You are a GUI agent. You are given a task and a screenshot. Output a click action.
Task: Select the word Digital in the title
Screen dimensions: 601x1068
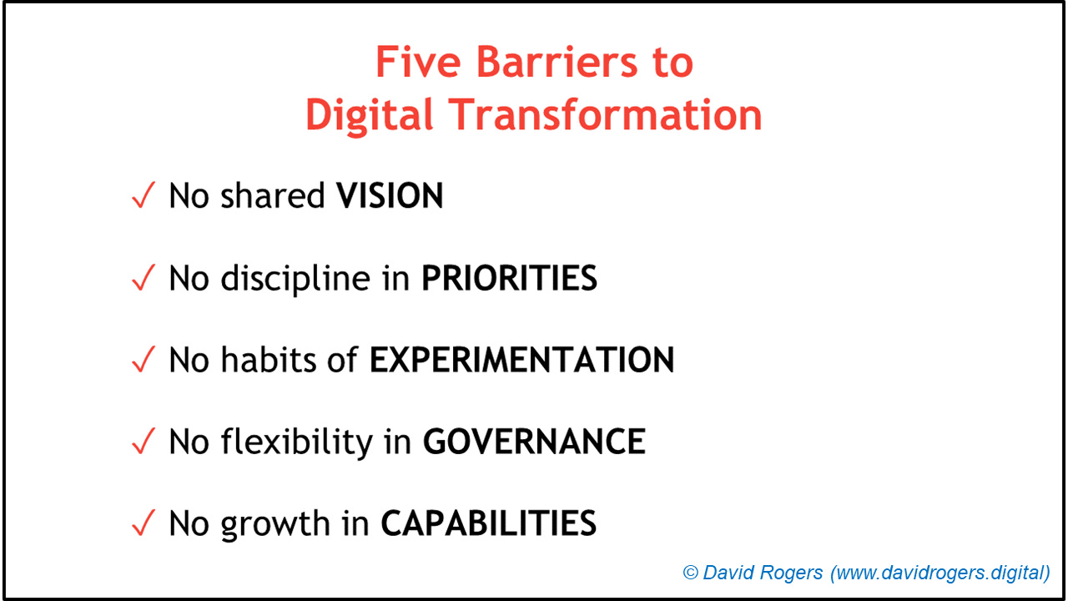coord(370,115)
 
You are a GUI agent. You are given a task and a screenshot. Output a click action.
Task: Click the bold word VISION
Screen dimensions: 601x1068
coord(390,196)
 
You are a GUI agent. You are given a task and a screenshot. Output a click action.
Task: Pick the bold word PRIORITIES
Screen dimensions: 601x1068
coord(509,278)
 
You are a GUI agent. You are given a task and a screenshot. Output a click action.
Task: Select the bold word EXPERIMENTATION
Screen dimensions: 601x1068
coord(521,360)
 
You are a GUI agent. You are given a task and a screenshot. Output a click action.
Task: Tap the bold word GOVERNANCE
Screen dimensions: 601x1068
coord(534,442)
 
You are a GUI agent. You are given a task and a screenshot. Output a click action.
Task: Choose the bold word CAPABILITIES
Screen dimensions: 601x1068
coord(489,523)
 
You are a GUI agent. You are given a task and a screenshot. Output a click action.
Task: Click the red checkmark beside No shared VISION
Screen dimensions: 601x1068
coord(144,197)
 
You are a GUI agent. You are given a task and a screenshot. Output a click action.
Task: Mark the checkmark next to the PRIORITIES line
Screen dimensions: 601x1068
coord(144,279)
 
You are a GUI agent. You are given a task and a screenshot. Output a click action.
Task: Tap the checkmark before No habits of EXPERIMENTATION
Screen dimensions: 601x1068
coord(144,361)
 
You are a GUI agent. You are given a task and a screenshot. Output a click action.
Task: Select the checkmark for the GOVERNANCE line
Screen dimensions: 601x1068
coord(144,442)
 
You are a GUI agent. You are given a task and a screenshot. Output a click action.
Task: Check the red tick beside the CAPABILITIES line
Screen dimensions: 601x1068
coord(144,524)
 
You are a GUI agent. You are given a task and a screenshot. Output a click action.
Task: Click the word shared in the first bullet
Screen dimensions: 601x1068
coord(273,196)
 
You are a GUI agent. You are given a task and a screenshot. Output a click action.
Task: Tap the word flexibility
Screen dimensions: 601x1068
coord(296,442)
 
